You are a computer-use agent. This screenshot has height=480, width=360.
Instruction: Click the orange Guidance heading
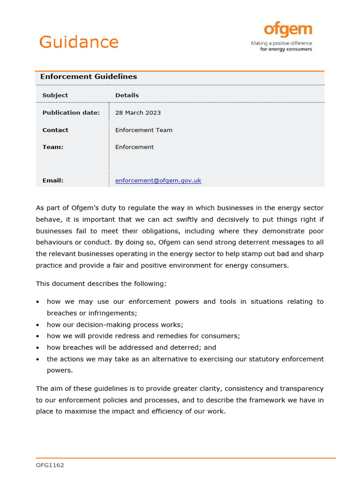tap(79, 42)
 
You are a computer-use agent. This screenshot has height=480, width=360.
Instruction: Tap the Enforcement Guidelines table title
tap(89, 77)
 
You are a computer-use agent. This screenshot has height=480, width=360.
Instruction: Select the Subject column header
tap(55, 95)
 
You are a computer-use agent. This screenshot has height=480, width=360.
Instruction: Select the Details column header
tap(127, 95)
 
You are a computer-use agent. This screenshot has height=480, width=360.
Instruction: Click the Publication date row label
tap(71, 112)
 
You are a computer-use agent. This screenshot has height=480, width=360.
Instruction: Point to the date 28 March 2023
tap(138, 112)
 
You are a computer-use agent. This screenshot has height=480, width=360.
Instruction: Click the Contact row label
tap(55, 130)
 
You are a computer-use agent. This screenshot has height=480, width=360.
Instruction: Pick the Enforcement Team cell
tap(143, 130)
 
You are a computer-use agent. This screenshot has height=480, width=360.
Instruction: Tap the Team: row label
tap(52, 147)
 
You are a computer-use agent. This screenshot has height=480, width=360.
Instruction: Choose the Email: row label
tap(52, 180)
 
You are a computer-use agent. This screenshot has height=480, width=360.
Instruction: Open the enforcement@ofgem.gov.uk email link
tap(158, 180)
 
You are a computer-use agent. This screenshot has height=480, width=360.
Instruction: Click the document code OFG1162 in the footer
tap(50, 465)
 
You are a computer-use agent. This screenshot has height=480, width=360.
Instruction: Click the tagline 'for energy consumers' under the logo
tap(286, 49)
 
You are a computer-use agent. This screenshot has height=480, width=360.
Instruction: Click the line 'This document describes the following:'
tap(101, 284)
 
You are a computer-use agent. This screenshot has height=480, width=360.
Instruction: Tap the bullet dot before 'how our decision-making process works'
tap(37, 325)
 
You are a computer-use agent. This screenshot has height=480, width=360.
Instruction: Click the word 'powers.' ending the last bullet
tap(60, 370)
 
